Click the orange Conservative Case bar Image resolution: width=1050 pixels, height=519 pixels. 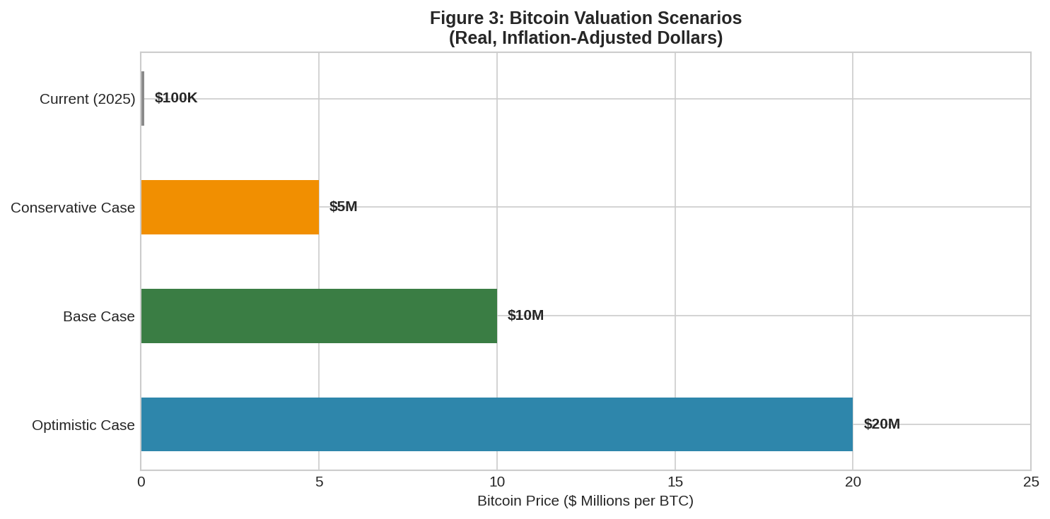[x=230, y=207]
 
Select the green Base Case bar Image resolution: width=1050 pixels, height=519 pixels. [x=319, y=316]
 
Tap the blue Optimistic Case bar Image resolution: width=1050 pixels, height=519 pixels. [x=496, y=424]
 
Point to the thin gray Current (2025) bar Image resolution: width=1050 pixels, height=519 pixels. [x=143, y=98]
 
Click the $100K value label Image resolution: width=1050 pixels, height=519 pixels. [x=176, y=98]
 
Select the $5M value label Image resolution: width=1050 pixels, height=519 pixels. [x=343, y=206]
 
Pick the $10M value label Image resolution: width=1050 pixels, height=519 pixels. [x=525, y=315]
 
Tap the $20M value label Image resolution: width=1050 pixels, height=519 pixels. [x=882, y=424]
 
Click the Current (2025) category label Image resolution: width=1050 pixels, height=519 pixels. [x=87, y=99]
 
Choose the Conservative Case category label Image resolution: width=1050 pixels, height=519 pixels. [x=73, y=208]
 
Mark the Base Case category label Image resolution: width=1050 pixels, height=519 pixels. [x=99, y=316]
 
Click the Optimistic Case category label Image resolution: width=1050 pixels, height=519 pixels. [x=83, y=425]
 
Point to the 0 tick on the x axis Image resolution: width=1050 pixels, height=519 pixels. [x=141, y=482]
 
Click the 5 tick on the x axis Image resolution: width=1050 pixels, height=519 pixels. [x=319, y=482]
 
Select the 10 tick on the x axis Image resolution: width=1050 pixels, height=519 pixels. [x=497, y=482]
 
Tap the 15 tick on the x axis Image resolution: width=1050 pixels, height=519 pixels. [x=675, y=482]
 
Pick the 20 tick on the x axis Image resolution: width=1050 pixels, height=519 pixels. [x=853, y=482]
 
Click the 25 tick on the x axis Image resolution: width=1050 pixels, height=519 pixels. [x=1031, y=482]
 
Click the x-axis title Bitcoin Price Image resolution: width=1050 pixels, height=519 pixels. [x=585, y=501]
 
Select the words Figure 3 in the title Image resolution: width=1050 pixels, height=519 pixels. [x=466, y=18]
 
